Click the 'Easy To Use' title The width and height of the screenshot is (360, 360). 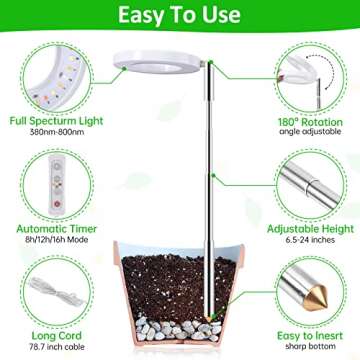pos(180,17)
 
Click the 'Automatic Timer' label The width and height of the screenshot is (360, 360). pos(47,227)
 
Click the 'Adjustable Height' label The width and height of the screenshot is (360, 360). pos(312,228)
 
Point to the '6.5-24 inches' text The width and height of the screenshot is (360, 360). pos(312,240)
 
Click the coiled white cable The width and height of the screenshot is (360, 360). pos(40,287)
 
